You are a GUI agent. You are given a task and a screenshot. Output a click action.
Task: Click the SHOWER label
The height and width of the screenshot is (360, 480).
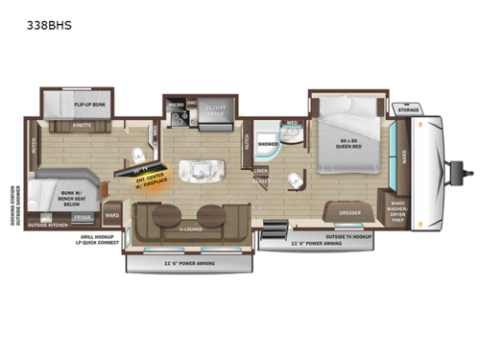[270, 145]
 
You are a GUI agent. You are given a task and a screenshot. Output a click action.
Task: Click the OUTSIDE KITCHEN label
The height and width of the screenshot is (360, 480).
[47, 224]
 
